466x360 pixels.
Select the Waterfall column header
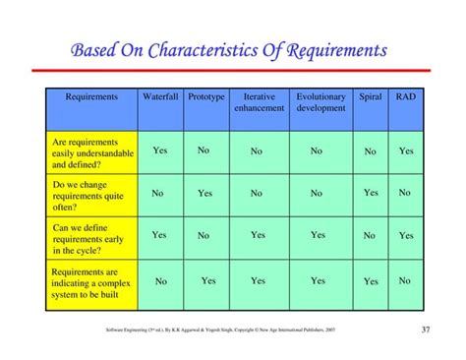[160, 97]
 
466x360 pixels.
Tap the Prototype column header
[205, 97]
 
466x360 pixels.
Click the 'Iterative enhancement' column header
[258, 102]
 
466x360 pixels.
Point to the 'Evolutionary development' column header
[319, 102]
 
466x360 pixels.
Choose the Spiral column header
[371, 97]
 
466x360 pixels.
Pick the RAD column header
[405, 97]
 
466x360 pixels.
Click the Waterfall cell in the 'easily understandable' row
[160, 150]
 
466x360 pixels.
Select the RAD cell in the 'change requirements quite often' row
[405, 193]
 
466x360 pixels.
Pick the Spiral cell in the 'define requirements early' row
[370, 236]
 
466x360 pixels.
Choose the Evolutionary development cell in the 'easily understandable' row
[317, 151]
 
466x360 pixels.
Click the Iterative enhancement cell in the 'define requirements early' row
[258, 235]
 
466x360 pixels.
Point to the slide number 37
[425, 329]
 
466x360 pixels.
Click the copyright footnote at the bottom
[220, 330]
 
